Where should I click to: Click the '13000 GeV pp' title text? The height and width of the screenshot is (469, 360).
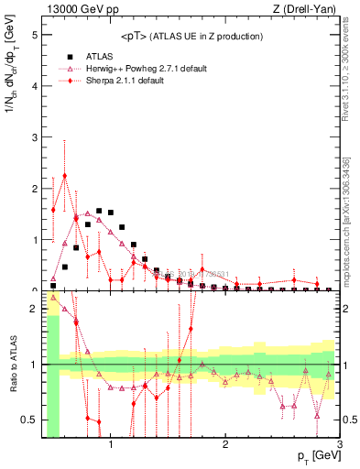(81, 9)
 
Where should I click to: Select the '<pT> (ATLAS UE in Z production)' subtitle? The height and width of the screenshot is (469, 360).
(192, 37)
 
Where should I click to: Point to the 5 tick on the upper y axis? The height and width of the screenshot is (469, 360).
(35, 35)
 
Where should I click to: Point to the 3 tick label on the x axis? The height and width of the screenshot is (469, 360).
(340, 444)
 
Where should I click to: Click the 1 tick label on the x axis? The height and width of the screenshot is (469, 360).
(111, 444)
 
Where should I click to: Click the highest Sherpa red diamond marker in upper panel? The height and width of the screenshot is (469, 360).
(65, 176)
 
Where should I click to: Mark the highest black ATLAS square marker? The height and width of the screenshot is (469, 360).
(99, 211)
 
